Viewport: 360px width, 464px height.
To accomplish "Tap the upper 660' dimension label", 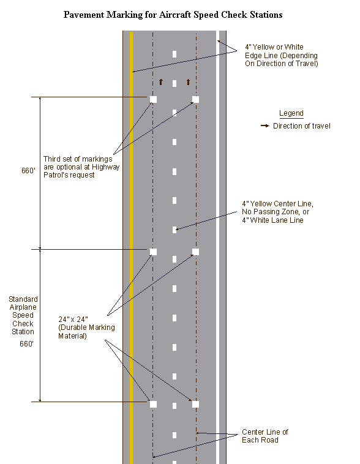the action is pyautogui.click(x=28, y=170).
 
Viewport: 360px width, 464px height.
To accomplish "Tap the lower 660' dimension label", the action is pyautogui.click(x=27, y=343).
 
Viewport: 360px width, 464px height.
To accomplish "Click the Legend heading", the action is pyautogui.click(x=291, y=113).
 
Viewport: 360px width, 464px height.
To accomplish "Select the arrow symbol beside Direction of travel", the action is pyautogui.click(x=265, y=125).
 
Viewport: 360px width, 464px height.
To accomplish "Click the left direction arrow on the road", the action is pyautogui.click(x=161, y=81).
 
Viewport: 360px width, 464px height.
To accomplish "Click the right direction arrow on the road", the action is pyautogui.click(x=189, y=81).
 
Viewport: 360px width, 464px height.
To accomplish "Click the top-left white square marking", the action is pyautogui.click(x=153, y=99).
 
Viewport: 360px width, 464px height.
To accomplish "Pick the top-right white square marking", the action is pyautogui.click(x=195, y=99).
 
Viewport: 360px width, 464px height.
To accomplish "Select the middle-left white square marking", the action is pyautogui.click(x=153, y=252).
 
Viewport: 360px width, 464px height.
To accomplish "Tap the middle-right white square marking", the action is pyautogui.click(x=195, y=252).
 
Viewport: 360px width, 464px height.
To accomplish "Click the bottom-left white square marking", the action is pyautogui.click(x=153, y=404).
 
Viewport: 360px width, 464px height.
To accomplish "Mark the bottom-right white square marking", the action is pyautogui.click(x=195, y=404).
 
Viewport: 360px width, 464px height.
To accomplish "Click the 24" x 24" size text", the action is pyautogui.click(x=73, y=320).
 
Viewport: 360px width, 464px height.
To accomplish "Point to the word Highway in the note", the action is pyautogui.click(x=106, y=167).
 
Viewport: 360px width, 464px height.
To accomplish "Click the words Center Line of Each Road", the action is pyautogui.click(x=265, y=436).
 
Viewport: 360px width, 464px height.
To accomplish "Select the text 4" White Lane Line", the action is pyautogui.click(x=272, y=220).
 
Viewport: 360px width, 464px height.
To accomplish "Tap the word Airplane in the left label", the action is pyautogui.click(x=23, y=307).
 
